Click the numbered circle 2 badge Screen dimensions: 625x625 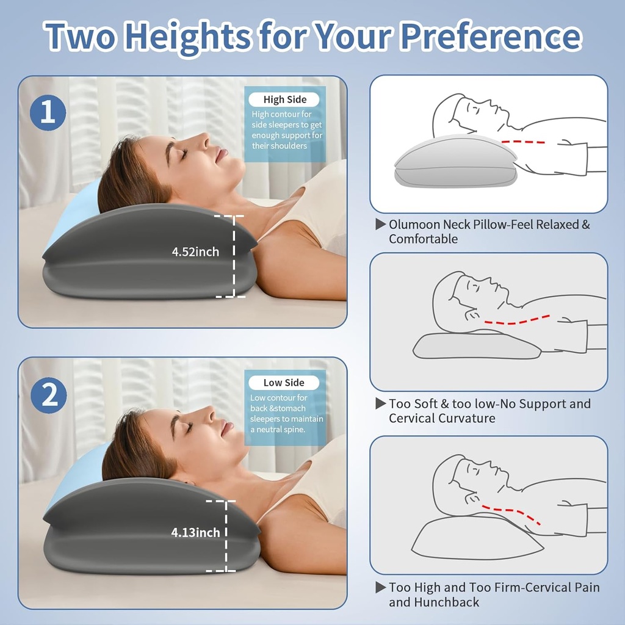point(49,395)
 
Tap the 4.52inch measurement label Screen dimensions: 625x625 point(195,252)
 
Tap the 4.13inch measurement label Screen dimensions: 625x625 point(195,533)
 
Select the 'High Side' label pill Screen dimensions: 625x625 point(285,99)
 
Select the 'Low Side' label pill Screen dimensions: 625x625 point(284,383)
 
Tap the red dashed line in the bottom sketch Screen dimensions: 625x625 point(513,513)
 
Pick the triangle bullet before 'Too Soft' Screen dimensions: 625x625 point(380,404)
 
